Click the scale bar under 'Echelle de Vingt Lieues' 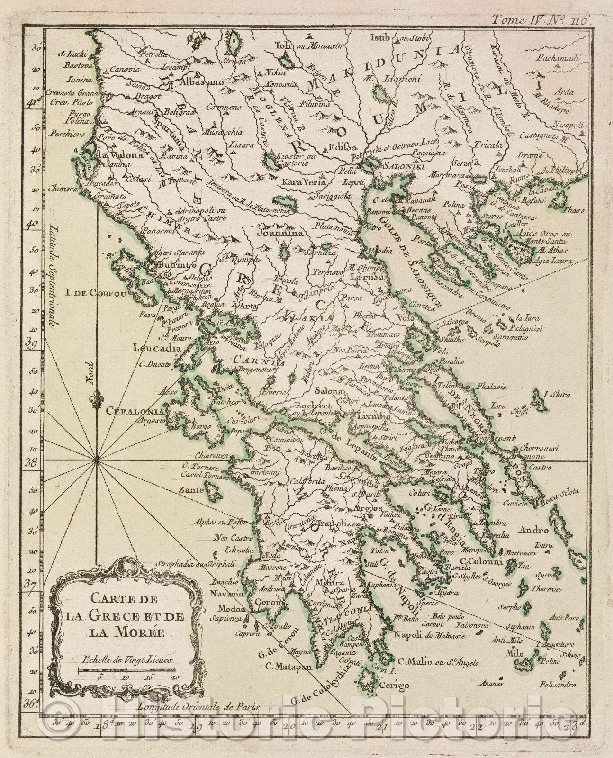click(127, 670)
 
